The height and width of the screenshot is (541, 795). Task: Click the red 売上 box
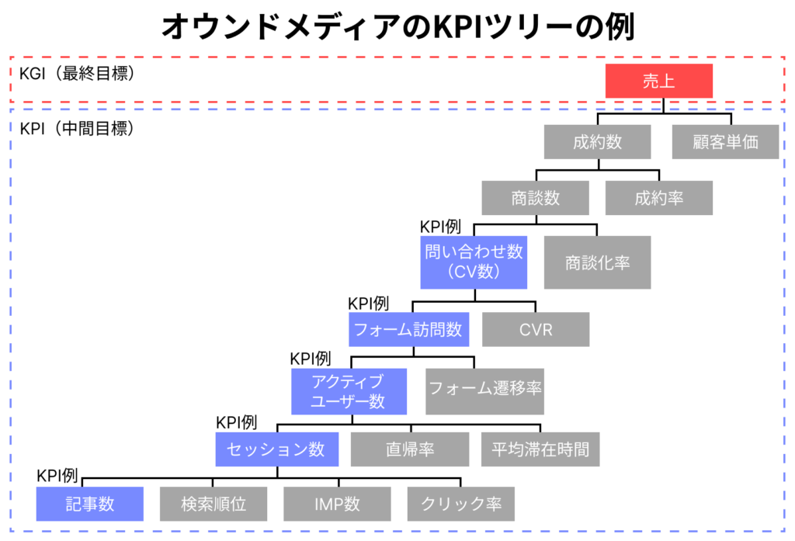[658, 81]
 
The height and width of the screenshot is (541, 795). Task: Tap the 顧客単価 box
[725, 142]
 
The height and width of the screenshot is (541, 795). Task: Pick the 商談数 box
[536, 198]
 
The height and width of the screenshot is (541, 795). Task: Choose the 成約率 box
[658, 198]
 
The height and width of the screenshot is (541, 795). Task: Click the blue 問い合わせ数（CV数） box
[474, 262]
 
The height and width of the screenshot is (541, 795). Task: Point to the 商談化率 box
[597, 262]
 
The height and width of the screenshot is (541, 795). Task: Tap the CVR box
[536, 329]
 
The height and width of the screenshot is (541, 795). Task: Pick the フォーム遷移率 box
[485, 387]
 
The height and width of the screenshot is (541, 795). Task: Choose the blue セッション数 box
[276, 449]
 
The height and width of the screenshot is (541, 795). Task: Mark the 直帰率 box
[410, 449]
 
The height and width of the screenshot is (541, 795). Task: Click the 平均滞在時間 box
[540, 449]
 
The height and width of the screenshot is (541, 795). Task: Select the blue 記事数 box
[90, 503]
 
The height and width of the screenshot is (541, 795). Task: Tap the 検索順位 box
[214, 503]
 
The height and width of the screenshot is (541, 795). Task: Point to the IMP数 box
[337, 503]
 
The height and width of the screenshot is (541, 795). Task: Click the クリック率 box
[460, 503]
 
